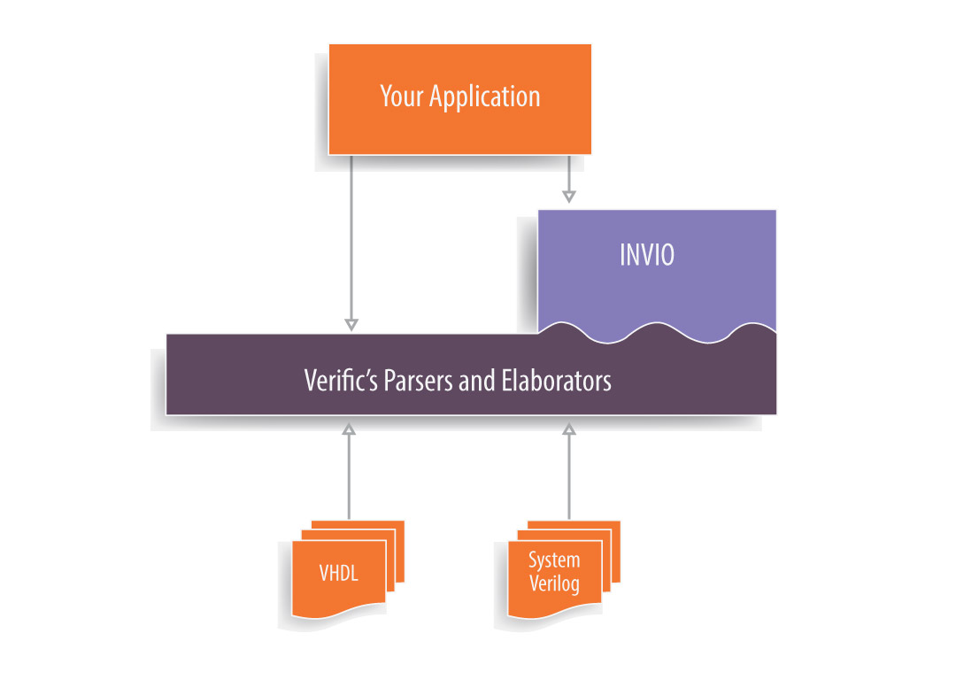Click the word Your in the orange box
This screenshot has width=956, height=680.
[401, 96]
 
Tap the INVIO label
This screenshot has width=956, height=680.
[646, 255]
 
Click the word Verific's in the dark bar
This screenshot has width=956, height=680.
[341, 381]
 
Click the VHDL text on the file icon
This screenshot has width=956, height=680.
[339, 573]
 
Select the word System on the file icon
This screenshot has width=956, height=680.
[554, 560]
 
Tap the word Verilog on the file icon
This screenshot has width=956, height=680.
[554, 583]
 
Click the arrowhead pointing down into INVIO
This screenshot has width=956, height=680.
[569, 197]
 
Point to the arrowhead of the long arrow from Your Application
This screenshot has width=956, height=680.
[351, 324]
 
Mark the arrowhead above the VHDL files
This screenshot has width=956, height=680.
[348, 429]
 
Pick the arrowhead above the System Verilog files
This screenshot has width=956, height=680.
[569, 429]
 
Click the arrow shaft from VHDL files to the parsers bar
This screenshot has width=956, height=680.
[348, 478]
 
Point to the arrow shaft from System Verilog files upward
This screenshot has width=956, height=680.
[569, 478]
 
